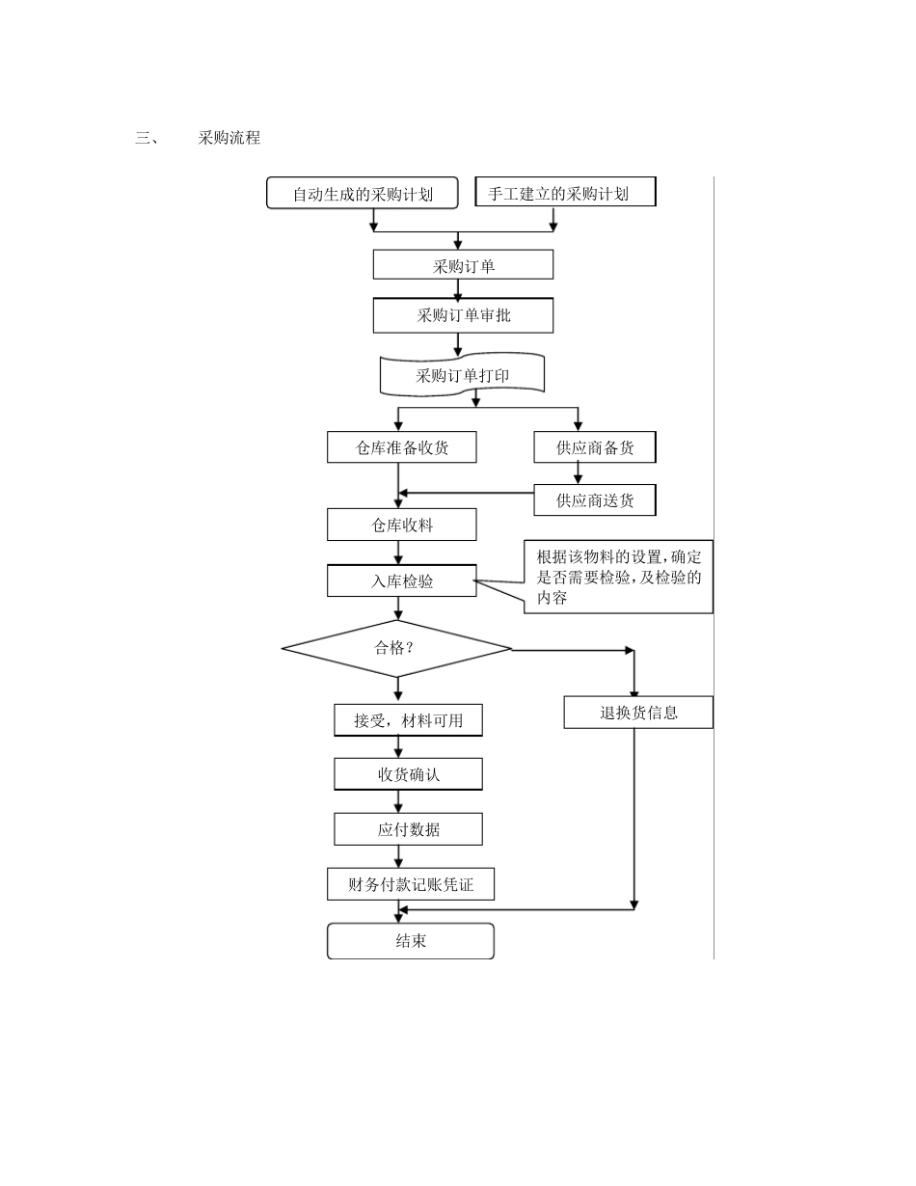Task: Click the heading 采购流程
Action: coord(229,138)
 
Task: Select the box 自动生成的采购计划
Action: coord(363,194)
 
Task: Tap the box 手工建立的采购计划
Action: coord(565,193)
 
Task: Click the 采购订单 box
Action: coord(463,265)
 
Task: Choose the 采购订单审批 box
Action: coord(463,315)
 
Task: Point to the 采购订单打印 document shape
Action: coord(463,375)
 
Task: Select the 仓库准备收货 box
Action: coord(401,447)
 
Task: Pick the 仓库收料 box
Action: coord(401,525)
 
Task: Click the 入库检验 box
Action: coord(401,581)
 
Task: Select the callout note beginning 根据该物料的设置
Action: coord(618,577)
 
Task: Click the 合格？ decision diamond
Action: coord(396,648)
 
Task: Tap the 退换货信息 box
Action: coord(638,713)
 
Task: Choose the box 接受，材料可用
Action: coord(408,720)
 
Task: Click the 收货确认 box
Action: coord(408,774)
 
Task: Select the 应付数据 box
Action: coord(408,829)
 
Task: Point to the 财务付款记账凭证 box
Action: coord(411,884)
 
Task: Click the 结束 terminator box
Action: coord(411,941)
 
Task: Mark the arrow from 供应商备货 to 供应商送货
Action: coord(579,472)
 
